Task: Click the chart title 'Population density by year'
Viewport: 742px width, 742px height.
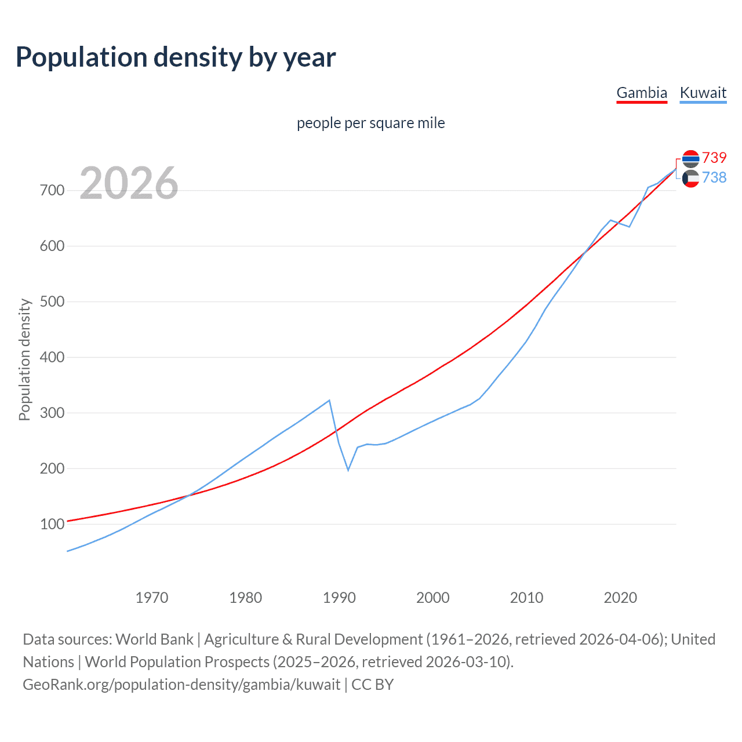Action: pos(176,57)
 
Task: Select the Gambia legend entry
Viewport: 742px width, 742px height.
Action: pos(642,93)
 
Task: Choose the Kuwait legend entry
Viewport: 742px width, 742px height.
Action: pos(703,93)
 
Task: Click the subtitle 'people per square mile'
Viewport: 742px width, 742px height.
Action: pos(370,123)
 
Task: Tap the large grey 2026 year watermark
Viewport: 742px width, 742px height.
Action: pos(129,183)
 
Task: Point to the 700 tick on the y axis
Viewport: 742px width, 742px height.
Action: pos(52,191)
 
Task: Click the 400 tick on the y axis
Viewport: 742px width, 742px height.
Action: pos(52,358)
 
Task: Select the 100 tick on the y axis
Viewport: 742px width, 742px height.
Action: pos(52,525)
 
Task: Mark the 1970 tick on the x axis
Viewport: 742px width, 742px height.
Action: pos(152,598)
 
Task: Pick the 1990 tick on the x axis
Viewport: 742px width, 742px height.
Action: pos(339,598)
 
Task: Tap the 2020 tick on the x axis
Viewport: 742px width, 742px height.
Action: pos(620,598)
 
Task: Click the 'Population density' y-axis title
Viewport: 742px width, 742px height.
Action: pos(24,359)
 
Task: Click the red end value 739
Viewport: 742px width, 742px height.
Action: pos(714,158)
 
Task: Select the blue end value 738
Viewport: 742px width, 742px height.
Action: pos(714,177)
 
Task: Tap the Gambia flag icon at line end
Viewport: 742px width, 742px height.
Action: pos(690,158)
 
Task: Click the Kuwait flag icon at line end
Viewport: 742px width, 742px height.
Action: pos(690,179)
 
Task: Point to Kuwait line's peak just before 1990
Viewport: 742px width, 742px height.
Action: pos(329,400)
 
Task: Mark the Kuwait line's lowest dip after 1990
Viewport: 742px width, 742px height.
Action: pos(348,470)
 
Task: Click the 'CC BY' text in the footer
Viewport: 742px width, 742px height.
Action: pos(372,685)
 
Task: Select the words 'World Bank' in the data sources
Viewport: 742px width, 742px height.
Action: pos(154,639)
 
